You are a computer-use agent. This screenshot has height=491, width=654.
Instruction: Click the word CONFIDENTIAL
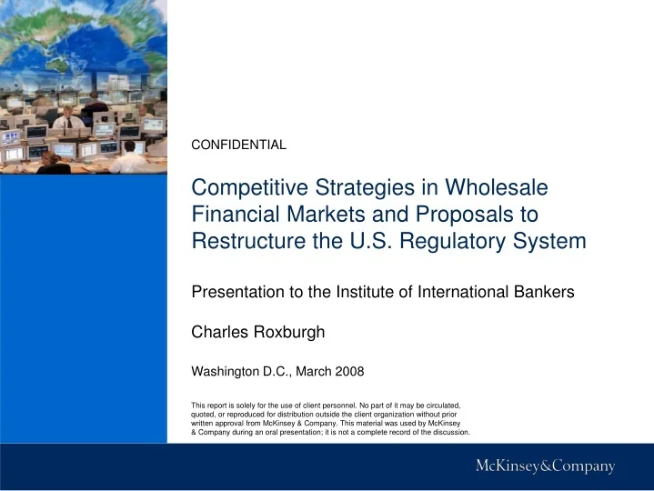[x=238, y=145]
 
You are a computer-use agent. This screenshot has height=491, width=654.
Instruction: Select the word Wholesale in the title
[x=501, y=188]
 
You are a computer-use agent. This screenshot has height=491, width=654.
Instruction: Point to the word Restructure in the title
[x=247, y=242]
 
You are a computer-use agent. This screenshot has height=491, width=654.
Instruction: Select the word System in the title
[x=554, y=242]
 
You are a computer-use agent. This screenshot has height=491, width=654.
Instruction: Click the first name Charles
[x=217, y=333]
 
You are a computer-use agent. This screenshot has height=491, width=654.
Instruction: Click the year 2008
[x=347, y=371]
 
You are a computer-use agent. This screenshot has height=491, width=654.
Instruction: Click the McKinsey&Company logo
[x=546, y=467]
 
